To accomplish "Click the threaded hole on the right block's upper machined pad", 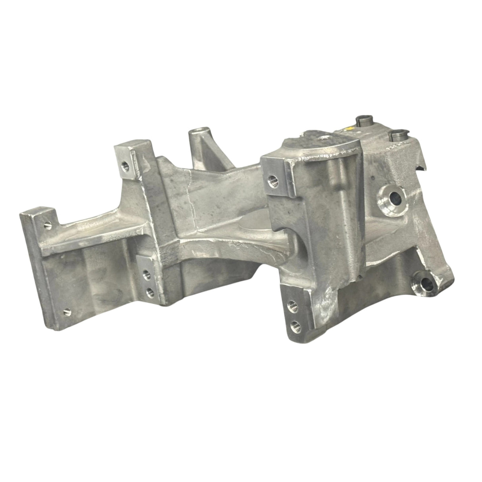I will tap(272, 180).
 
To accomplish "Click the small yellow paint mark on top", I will tap(349, 128).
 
